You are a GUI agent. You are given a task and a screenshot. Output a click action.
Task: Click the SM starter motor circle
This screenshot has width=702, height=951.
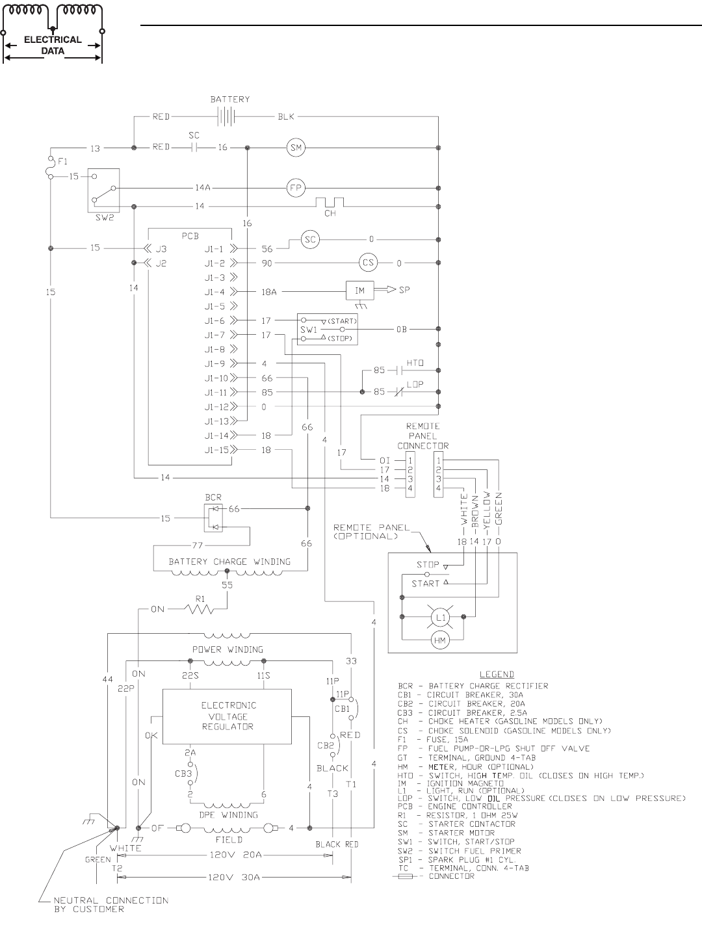click(296, 148)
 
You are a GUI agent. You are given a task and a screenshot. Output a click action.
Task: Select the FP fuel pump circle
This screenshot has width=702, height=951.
click(296, 188)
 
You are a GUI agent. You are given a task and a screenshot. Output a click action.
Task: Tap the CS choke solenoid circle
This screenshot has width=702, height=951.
click(369, 263)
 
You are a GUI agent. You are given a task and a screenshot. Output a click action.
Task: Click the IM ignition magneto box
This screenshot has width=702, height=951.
click(360, 291)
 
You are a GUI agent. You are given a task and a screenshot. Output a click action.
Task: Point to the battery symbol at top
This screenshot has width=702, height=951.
click(227, 116)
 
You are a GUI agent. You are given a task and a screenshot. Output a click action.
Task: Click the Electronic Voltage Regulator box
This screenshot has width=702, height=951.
click(227, 716)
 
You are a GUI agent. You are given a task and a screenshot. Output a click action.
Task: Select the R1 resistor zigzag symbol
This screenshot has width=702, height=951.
click(199, 608)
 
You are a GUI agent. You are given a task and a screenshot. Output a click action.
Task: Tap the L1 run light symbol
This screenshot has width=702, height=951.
click(441, 618)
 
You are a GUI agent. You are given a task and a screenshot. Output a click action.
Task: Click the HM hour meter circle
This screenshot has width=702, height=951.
click(440, 640)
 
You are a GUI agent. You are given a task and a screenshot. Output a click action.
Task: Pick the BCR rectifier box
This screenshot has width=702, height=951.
click(213, 518)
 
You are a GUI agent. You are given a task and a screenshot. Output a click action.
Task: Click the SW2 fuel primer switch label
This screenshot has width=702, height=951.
click(105, 217)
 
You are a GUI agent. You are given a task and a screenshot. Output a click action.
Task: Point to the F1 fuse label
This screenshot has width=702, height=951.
click(62, 162)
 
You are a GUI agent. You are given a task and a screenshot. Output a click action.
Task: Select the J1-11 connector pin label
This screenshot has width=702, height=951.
click(216, 393)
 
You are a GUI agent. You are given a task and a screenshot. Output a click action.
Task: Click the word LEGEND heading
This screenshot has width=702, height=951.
click(497, 674)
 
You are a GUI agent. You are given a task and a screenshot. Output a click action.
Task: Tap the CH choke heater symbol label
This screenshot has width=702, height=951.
click(330, 213)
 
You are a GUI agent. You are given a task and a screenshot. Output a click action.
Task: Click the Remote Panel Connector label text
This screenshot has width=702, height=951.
click(423, 436)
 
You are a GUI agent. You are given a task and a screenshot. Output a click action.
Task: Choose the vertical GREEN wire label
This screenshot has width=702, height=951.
click(499, 508)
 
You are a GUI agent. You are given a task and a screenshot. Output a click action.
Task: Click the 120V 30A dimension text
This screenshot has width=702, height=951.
click(234, 878)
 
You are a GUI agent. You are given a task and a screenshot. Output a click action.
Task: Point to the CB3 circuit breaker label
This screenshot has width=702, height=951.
click(183, 774)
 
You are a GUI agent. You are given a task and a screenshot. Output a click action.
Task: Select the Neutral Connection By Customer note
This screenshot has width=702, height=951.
click(111, 905)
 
